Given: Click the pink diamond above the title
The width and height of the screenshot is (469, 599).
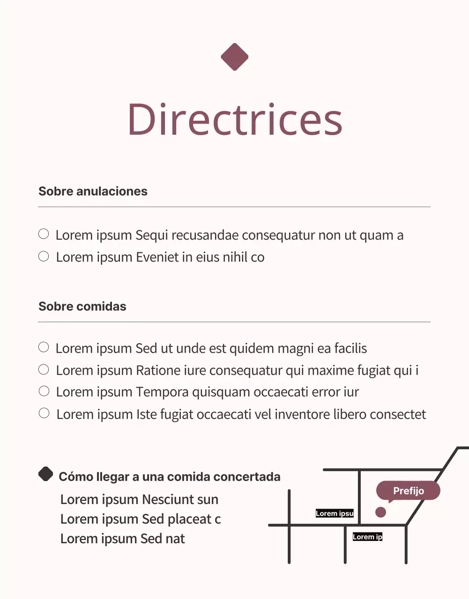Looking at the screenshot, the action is pos(234,57).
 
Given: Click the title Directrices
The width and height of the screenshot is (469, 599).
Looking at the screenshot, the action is pos(235,119).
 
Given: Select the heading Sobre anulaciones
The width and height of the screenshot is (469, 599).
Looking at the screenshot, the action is pos(93,191).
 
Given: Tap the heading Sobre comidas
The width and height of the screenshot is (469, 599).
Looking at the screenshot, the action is pos(82,306).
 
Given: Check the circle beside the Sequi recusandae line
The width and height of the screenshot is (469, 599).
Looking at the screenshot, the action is pos(44,234).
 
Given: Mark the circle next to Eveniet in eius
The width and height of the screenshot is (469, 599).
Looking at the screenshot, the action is pos(44,256).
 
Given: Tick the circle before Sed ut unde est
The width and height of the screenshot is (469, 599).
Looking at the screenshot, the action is pos(44,347).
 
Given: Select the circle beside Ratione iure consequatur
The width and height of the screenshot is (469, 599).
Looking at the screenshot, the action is pos(44,369).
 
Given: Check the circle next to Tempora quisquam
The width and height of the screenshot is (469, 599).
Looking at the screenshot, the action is pos(44,391).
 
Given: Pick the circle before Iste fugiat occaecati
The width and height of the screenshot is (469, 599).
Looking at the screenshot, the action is pos(44,413).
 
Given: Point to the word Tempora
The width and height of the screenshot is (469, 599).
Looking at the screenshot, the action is pos(162,392).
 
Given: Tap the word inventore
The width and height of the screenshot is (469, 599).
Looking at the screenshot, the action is pos(302,414).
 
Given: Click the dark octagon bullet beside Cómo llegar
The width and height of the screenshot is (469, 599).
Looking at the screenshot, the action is pos(45,474).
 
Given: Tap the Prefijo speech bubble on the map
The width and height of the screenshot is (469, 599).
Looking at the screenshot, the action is pos(408,491).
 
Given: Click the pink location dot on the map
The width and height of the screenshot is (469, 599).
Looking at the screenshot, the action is pos(380,512).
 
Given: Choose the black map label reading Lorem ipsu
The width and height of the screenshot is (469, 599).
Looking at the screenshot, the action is pos(335,513).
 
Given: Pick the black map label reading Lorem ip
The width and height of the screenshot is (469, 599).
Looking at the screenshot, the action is pos(367,537).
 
